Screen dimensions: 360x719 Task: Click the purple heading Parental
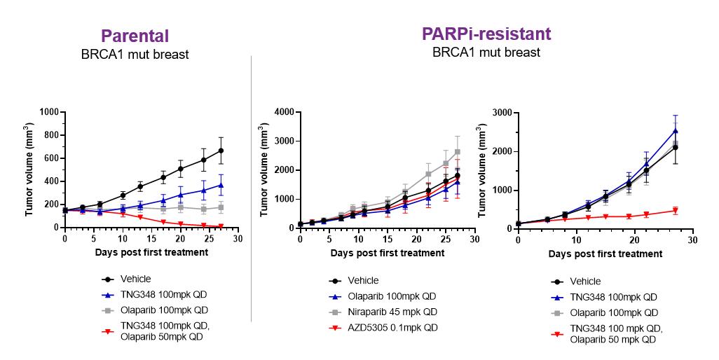(135, 36)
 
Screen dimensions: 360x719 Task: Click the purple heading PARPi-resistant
(486, 34)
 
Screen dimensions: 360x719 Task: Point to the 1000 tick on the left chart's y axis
(48, 112)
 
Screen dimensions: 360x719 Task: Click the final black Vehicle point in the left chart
(221, 151)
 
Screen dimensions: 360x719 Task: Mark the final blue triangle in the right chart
(675, 130)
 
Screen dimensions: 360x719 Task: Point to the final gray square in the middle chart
(457, 152)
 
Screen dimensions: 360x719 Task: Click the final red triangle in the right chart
(675, 211)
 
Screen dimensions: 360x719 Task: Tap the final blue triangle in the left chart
(221, 185)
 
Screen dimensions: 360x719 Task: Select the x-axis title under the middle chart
(387, 253)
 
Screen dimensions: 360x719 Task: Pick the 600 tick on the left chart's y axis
(51, 158)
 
